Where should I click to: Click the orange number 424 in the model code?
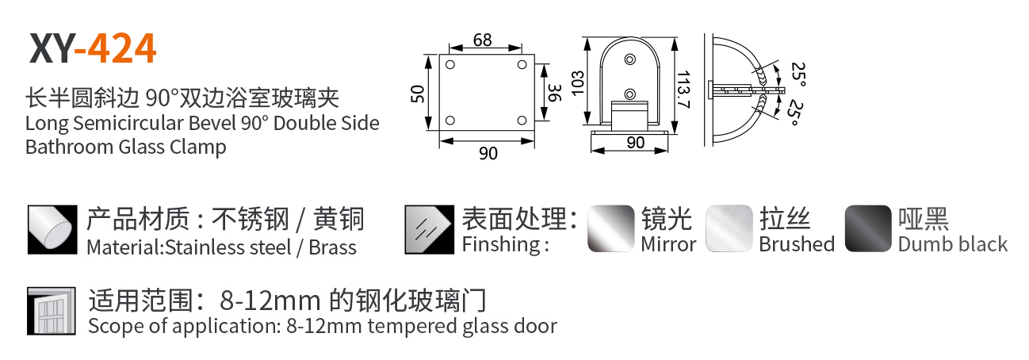pos(122,48)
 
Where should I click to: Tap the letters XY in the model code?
pos(51,48)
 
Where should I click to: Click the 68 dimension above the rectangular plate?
pos(483,40)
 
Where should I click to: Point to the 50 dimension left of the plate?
pos(417,94)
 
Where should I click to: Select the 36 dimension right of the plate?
pos(555,93)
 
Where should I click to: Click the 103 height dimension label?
pos(578,83)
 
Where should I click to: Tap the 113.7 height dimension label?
pos(684,89)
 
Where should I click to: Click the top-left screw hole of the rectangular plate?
pos(450,65)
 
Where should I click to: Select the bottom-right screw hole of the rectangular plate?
pos(522,121)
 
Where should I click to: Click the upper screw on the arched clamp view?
pos(629,59)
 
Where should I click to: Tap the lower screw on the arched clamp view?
pos(629,94)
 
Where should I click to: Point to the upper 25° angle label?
pos(798,74)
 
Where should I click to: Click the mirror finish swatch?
pos(611,228)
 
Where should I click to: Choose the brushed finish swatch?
pos(729,228)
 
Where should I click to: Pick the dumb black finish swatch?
pos(868,228)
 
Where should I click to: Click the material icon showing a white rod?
pos(52,229)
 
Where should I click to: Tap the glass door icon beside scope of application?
pos(52,312)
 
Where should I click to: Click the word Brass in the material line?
pos(332,247)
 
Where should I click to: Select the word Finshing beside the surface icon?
pos(501,244)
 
